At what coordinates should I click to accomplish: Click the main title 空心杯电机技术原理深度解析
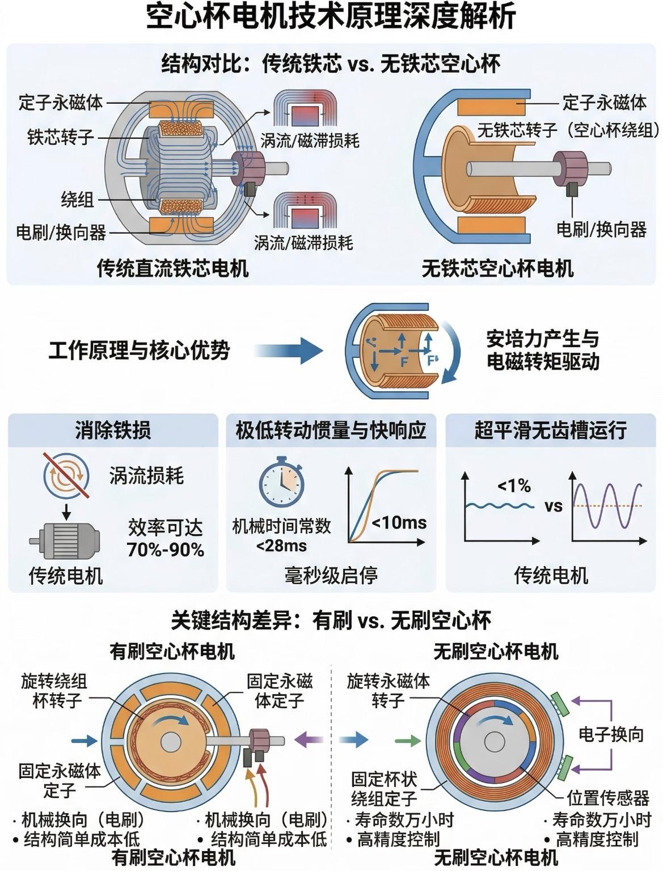pyautogui.click(x=331, y=18)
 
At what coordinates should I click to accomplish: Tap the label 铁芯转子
pyautogui.click(x=60, y=137)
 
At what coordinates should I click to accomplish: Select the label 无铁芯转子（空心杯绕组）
pyautogui.click(x=568, y=130)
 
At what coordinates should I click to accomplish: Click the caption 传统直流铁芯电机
pyautogui.click(x=172, y=268)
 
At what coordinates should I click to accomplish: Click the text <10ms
pyautogui.click(x=399, y=522)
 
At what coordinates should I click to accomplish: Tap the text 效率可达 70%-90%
pyautogui.click(x=165, y=538)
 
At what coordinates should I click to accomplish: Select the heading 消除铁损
pyautogui.click(x=113, y=430)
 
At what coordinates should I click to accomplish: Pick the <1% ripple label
pyautogui.click(x=514, y=486)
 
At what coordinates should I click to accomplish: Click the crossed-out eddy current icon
pyautogui.click(x=66, y=475)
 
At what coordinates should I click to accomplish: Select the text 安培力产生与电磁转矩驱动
pyautogui.click(x=542, y=350)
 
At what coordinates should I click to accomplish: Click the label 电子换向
pyautogui.click(x=611, y=735)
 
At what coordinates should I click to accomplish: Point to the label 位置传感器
pyautogui.click(x=608, y=798)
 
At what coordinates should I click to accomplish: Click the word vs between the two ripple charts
pyautogui.click(x=553, y=505)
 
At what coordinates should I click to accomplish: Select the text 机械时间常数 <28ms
pyautogui.click(x=281, y=535)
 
